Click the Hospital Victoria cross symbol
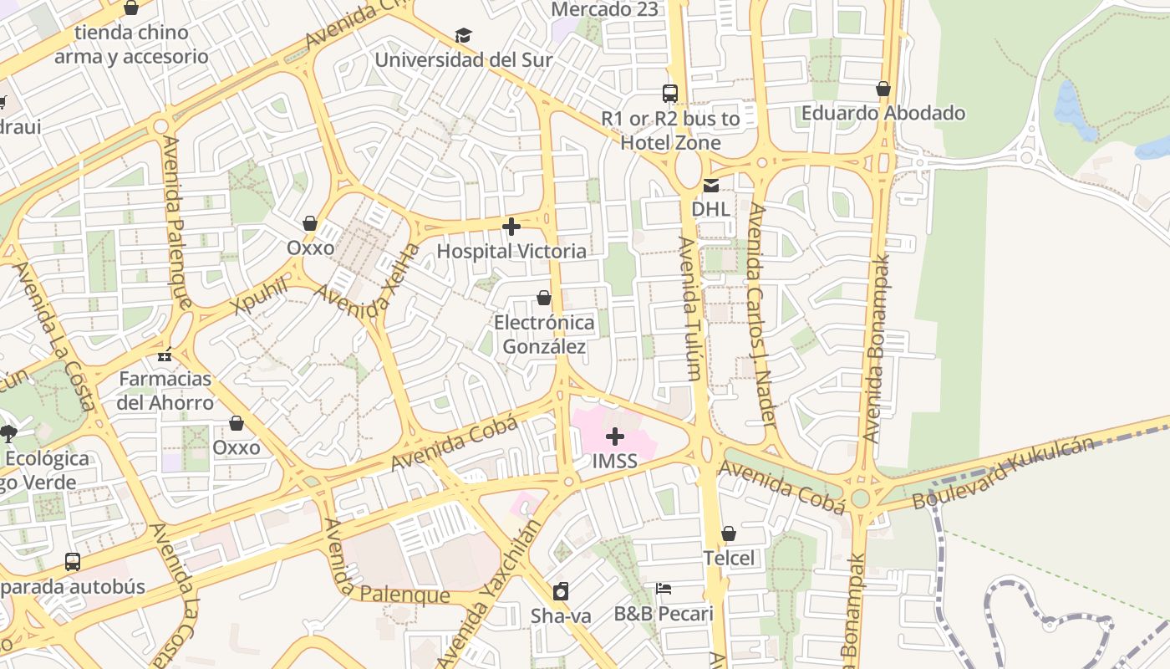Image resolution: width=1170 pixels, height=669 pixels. point(511,227)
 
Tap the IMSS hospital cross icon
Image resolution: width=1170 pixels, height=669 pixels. point(615,437)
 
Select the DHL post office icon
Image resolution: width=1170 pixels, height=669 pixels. point(710,186)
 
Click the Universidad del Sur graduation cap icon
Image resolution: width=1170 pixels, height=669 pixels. point(463,35)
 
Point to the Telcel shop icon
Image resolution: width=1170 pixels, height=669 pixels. point(729,534)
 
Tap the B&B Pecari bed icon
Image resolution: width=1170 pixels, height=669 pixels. point(664,589)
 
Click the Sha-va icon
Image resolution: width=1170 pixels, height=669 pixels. point(561,591)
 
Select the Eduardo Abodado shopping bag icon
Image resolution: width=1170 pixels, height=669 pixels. point(883,89)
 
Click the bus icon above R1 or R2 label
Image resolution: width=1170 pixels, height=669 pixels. point(670,94)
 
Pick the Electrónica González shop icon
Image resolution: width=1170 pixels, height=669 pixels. point(544,298)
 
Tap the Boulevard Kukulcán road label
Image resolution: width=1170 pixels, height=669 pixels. point(1003,472)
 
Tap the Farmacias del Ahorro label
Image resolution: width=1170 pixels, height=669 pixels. point(165,391)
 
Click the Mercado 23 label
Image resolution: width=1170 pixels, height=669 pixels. point(606,10)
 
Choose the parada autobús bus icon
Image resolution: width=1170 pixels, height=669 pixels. point(73,562)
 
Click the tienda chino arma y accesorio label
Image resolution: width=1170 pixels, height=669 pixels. point(131,45)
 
